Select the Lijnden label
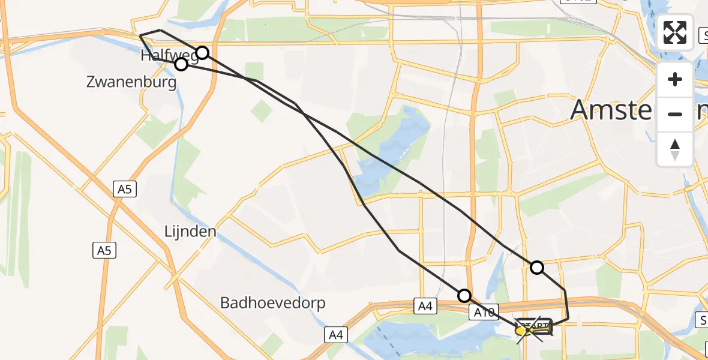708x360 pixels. tap(191, 231)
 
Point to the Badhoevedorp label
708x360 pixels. tap(273, 303)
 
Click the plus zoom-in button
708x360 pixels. tap(675, 79)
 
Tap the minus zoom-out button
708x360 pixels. tap(675, 114)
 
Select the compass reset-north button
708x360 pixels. tap(675, 149)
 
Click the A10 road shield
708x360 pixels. tap(483, 312)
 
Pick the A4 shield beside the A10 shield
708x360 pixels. tap(425, 307)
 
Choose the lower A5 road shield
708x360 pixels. tap(104, 251)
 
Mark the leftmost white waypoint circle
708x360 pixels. tap(181, 64)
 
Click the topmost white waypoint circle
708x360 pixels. tap(203, 53)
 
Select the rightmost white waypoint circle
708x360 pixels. tap(537, 268)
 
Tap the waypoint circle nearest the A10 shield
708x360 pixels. tap(464, 295)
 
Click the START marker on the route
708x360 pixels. tap(533, 328)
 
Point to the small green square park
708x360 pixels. tap(261, 111)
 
